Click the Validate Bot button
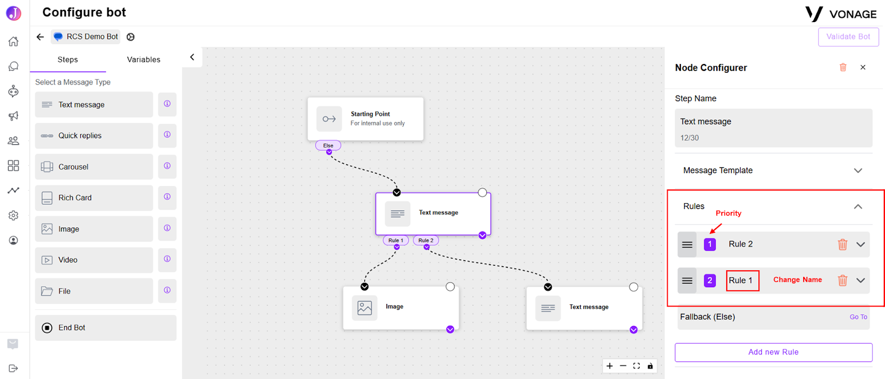[848, 36]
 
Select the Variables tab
[143, 60]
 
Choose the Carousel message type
[93, 167]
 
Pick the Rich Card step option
[93, 197]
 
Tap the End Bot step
[106, 328]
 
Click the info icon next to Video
[167, 259]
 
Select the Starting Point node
[366, 119]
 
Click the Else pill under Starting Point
[328, 145]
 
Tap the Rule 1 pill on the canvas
[396, 240]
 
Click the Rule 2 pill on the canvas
[426, 240]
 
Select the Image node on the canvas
[400, 307]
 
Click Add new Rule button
[773, 352]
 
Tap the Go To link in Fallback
[858, 317]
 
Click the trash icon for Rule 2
[842, 244]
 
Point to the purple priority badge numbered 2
[710, 280]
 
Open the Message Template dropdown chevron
[858, 171]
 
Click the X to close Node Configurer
[863, 67]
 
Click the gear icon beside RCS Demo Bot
[131, 36]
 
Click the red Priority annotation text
[728, 213]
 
